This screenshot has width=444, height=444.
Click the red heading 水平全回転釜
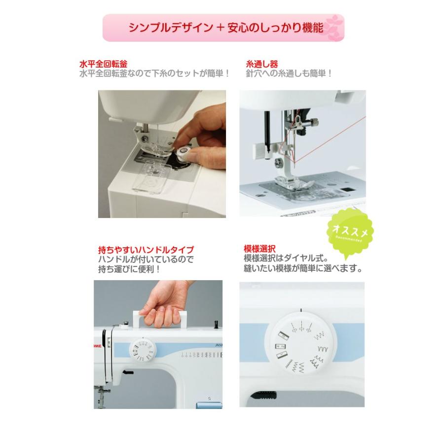tap(104, 64)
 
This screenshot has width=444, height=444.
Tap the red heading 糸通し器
tap(262, 64)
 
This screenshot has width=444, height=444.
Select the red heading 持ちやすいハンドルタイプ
tap(146, 250)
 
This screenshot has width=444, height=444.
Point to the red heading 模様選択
tap(259, 249)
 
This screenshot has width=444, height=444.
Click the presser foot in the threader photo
tap(293, 183)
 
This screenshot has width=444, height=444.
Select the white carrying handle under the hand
tap(160, 320)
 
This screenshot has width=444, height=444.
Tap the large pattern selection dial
tap(301, 343)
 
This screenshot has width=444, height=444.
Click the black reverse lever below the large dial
tap(263, 395)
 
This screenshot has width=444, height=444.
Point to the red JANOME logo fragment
tap(98, 346)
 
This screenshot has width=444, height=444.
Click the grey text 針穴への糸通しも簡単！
tap(289, 74)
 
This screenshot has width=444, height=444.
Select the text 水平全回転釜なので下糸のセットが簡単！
tap(154, 74)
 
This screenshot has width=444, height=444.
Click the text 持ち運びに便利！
tap(129, 269)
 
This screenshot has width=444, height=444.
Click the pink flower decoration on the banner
tap(334, 28)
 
